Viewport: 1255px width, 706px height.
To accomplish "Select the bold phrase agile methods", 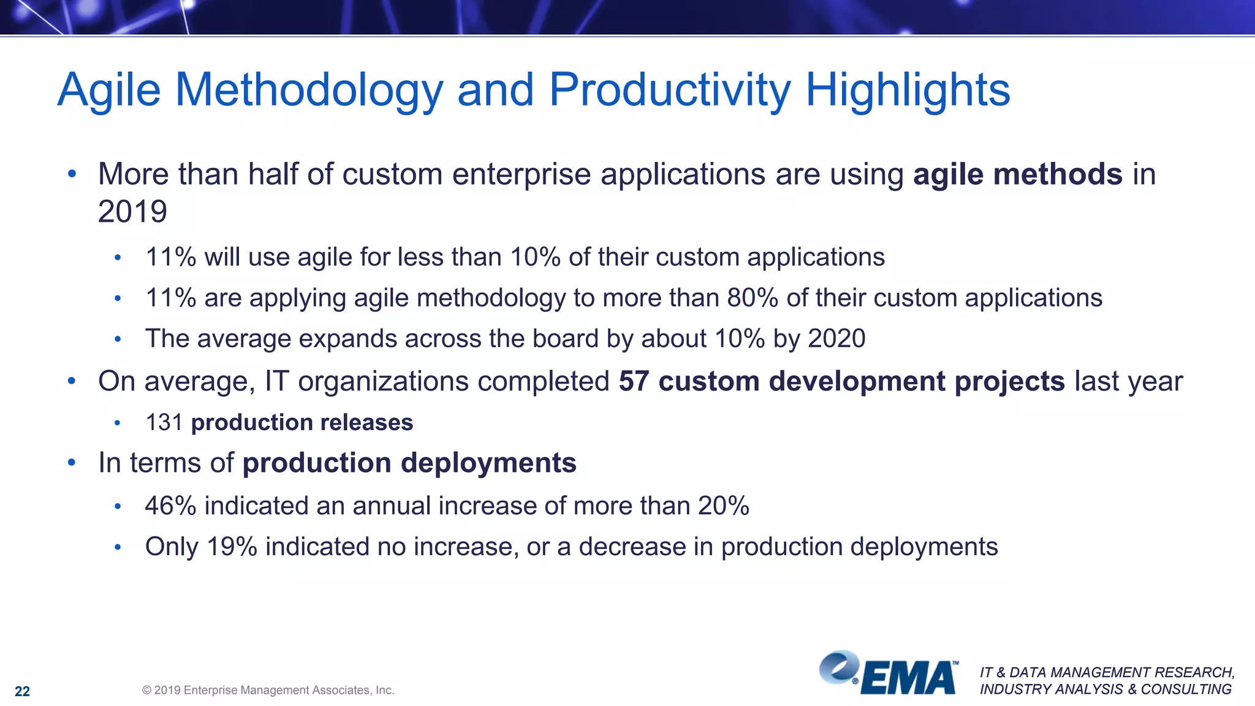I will (x=1017, y=174).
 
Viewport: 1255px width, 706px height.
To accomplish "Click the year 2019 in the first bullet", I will (x=132, y=212).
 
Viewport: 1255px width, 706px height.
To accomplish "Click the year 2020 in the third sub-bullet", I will (x=836, y=339).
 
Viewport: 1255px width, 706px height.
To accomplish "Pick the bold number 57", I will (x=634, y=381).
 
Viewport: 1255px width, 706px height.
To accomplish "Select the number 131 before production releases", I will (x=164, y=423).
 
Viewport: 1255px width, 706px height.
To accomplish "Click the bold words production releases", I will (x=302, y=423).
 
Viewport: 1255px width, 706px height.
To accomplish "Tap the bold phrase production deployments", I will (x=409, y=463).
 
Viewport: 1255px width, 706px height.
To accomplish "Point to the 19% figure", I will (x=231, y=547).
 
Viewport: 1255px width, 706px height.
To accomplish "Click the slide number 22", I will (x=22, y=691).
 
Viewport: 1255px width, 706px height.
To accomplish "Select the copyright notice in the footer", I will (x=268, y=690).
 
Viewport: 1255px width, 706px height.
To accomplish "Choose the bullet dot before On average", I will (x=72, y=381).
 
